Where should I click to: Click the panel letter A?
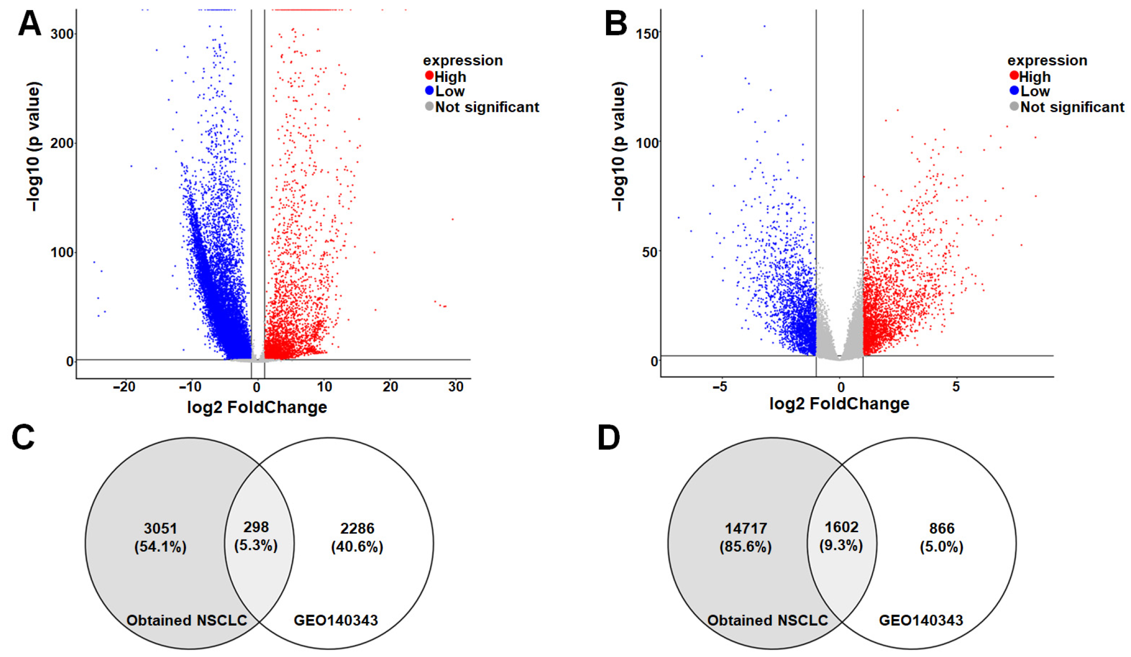29,23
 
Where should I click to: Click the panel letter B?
615,23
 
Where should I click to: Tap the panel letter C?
23,438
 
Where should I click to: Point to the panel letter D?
609,438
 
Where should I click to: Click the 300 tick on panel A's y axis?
62,34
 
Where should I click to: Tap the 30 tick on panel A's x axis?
456,387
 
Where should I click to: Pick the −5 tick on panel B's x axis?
719,387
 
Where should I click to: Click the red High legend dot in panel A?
429,76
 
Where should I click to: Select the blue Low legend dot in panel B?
1014,91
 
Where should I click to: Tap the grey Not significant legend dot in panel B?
1014,106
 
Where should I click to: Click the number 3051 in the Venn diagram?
160,528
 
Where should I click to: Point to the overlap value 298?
256,527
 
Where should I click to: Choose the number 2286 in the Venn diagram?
357,528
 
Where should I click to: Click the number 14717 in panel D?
746,528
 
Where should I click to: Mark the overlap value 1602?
842,527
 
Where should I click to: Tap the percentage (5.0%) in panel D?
942,547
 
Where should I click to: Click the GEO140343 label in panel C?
336,621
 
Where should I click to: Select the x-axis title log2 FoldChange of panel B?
839,404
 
